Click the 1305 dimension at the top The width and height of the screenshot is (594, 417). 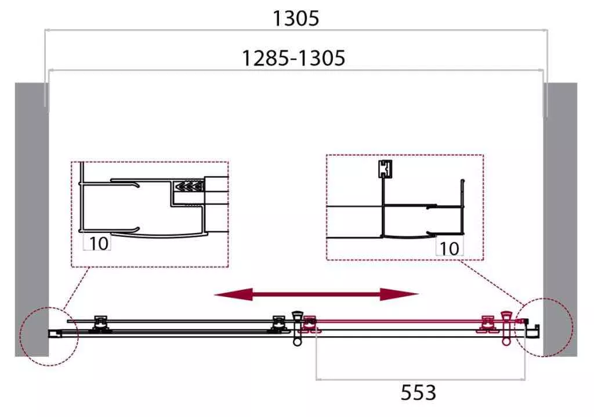pyautogui.click(x=296, y=18)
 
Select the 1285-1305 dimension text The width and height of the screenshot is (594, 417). pyautogui.click(x=293, y=59)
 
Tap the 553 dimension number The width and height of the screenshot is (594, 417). pyautogui.click(x=418, y=393)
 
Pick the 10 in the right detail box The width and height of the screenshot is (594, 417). pyautogui.click(x=450, y=249)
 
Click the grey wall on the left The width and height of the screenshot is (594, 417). pyautogui.click(x=32, y=220)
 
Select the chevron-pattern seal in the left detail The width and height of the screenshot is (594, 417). pyautogui.click(x=189, y=186)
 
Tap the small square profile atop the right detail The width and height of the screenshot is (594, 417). pyautogui.click(x=385, y=169)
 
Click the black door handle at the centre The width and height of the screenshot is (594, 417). pyautogui.click(x=297, y=328)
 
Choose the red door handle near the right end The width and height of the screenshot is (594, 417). pyautogui.click(x=506, y=328)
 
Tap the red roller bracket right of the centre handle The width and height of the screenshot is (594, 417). pyautogui.click(x=310, y=325)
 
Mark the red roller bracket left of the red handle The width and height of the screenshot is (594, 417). pyautogui.click(x=488, y=324)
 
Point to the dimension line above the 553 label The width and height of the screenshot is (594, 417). pyautogui.click(x=421, y=379)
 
